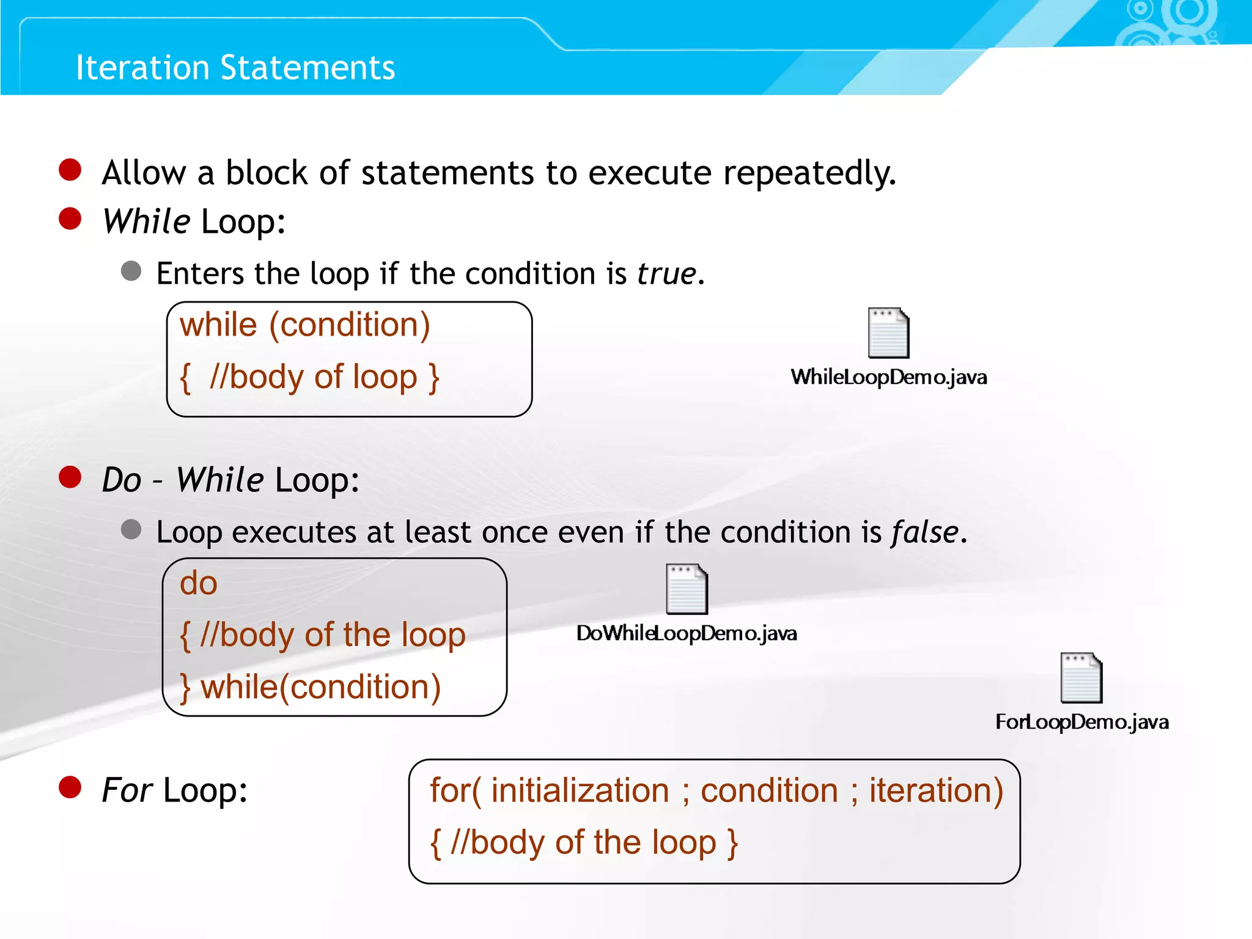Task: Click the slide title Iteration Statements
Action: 235,67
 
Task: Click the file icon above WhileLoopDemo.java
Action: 888,333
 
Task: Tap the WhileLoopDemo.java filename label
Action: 888,377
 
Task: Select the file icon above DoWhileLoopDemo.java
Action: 687,589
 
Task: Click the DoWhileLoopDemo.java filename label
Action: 687,633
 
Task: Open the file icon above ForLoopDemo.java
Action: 1081,677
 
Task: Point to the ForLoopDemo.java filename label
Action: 1081,722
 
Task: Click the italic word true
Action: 666,273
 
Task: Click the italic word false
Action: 924,532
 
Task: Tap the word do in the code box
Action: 198,583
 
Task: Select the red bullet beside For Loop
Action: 70,787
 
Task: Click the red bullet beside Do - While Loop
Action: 70,477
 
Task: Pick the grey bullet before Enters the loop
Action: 131,270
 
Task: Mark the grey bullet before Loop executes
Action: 131,529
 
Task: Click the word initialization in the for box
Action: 580,790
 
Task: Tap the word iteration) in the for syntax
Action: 936,790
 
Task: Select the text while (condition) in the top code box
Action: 304,325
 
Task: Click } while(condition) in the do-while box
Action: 310,687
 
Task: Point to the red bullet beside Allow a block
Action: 70,170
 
